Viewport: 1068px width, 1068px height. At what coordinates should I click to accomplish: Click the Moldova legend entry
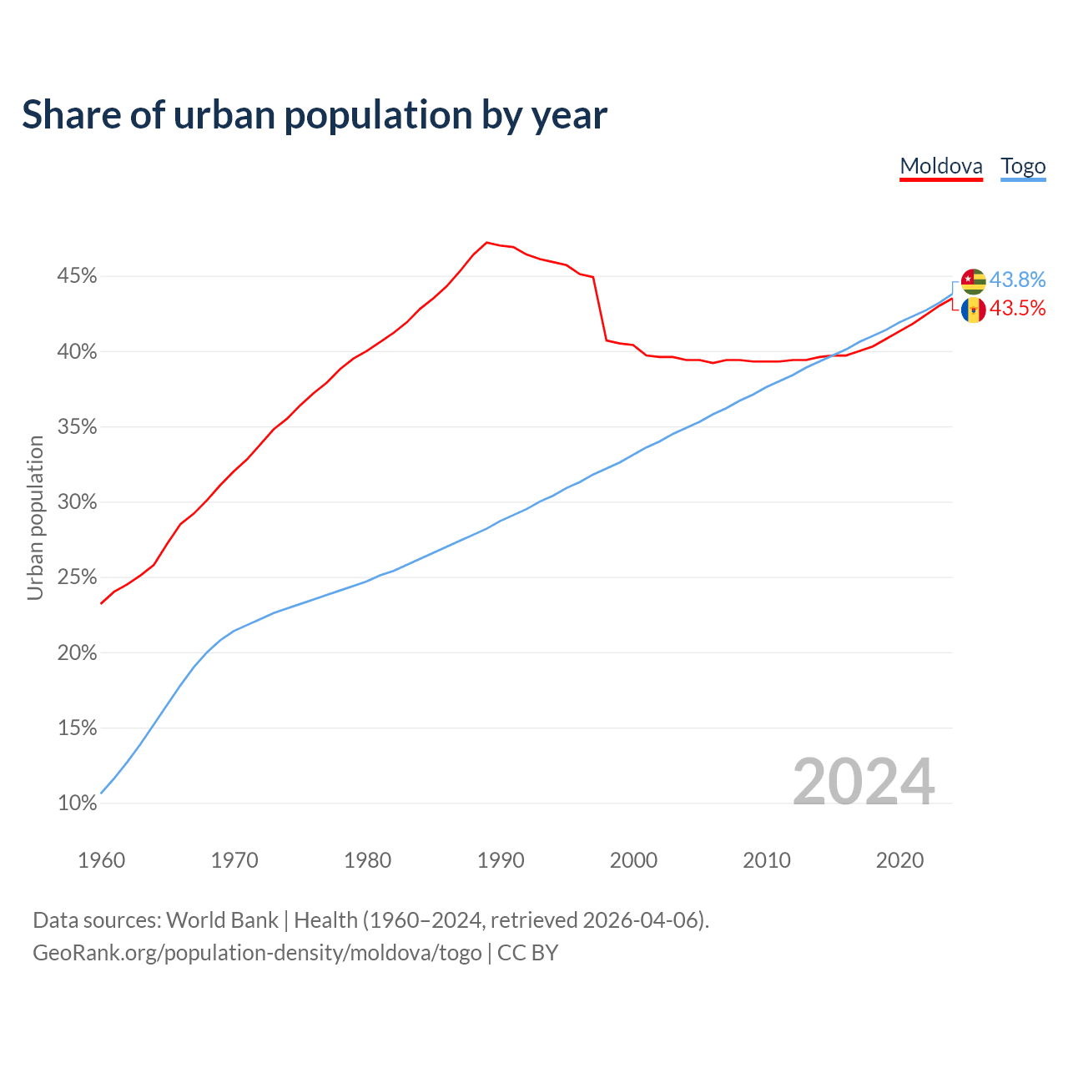tap(941, 166)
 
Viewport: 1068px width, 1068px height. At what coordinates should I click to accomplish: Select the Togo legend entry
tap(1023, 166)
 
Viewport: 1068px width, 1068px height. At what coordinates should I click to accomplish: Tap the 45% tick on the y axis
tap(77, 276)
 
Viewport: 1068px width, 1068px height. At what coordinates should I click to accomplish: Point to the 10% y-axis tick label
tap(77, 804)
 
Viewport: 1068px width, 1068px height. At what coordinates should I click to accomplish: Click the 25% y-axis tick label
tap(77, 577)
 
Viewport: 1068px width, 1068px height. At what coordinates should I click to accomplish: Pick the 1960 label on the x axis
tap(101, 860)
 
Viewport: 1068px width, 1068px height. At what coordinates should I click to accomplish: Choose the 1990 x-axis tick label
tap(501, 860)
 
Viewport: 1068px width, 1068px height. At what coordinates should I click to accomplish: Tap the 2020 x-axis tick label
tap(899, 860)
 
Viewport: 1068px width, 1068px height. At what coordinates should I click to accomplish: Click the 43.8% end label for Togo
tap(1017, 280)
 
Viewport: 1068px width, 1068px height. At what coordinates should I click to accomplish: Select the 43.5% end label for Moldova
tap(1017, 309)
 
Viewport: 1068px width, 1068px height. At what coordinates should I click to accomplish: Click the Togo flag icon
tap(973, 280)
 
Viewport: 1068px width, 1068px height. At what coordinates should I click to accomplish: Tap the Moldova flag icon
tap(973, 310)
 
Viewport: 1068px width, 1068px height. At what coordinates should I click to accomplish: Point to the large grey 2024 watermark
tap(863, 782)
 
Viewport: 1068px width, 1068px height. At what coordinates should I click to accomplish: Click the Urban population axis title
tap(35, 517)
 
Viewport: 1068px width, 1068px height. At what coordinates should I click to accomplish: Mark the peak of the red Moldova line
tap(487, 242)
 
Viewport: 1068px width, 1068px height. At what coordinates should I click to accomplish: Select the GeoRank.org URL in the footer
tap(257, 953)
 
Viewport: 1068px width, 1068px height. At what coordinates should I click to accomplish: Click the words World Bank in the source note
tap(222, 920)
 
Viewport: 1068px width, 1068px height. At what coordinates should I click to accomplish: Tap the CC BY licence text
tap(527, 953)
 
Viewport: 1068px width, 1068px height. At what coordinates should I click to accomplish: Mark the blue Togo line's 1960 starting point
tap(101, 793)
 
